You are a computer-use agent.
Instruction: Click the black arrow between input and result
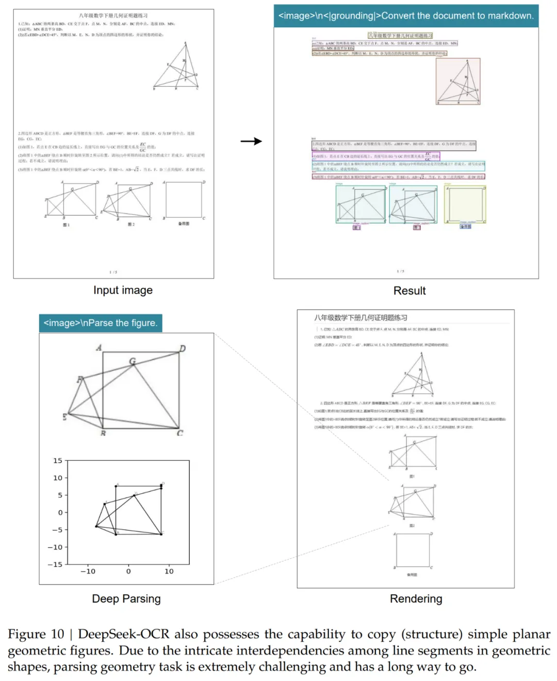click(251, 141)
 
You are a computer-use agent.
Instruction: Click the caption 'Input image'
click(123, 290)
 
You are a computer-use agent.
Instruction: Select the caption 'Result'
click(409, 290)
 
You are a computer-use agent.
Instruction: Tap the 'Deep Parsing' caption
click(126, 598)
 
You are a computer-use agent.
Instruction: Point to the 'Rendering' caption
click(416, 598)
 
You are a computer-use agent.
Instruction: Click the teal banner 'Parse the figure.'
click(101, 323)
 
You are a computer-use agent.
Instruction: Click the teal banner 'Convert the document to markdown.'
click(406, 16)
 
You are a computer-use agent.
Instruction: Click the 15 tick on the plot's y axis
click(58, 461)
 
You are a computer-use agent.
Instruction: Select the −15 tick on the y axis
click(55, 564)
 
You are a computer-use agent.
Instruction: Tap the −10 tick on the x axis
click(88, 571)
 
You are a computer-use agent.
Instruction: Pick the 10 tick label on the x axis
click(169, 571)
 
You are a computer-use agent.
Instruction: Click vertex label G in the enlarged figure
click(133, 361)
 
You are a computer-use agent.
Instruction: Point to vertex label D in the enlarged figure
click(182, 349)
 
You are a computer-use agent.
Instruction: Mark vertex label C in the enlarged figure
click(180, 432)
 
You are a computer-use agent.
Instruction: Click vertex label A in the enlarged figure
click(99, 348)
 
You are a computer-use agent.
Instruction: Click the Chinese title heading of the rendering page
click(361, 318)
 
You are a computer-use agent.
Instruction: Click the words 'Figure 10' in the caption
click(36, 634)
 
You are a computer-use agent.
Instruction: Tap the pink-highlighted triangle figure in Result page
click(458, 82)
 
